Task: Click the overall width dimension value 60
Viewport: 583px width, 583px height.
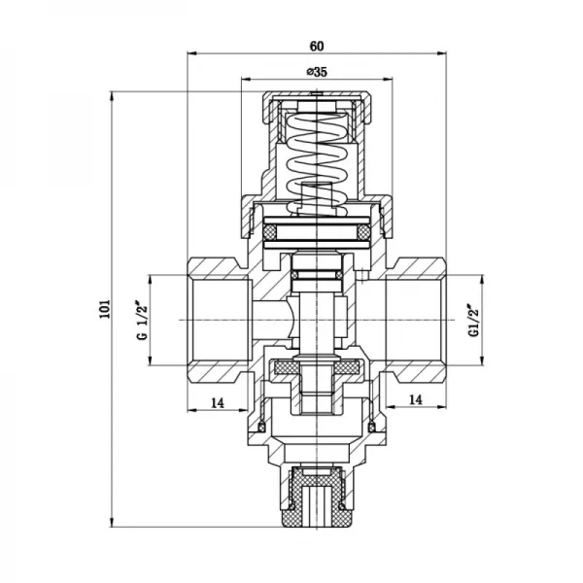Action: click(318, 44)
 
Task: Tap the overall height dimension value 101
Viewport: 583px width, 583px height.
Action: click(105, 309)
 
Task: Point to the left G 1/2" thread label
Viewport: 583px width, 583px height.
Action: click(140, 320)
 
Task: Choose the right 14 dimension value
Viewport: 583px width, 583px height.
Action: click(416, 399)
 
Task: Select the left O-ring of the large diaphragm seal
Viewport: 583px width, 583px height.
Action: click(268, 233)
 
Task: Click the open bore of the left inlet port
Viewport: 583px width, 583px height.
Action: click(219, 320)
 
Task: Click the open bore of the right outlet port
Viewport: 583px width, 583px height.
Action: click(413, 320)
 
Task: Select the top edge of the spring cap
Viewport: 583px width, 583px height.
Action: click(317, 94)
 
